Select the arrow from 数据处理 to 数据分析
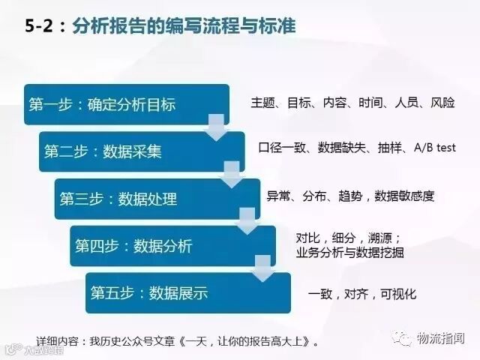pos(247,222)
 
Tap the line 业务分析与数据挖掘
pos(350,253)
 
